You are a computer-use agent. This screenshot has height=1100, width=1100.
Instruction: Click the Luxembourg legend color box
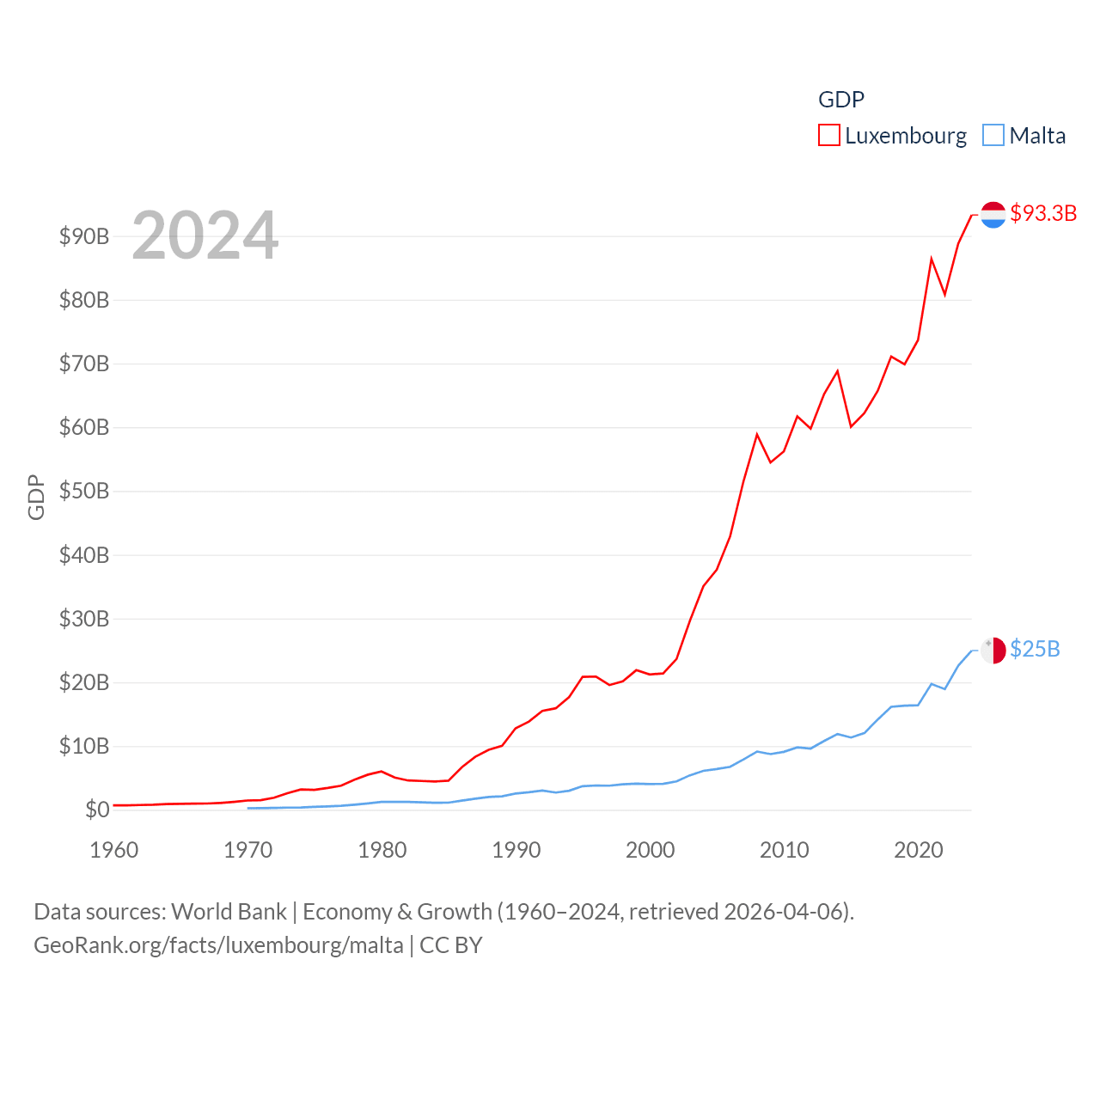coord(828,135)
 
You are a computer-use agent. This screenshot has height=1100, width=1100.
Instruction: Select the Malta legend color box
coord(993,135)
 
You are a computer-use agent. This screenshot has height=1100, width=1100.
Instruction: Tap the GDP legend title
coord(840,100)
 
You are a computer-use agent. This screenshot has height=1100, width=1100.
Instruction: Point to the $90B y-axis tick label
coord(84,236)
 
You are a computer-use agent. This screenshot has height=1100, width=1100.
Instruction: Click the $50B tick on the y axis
coord(84,491)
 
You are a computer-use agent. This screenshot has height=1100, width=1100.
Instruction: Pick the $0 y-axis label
coord(97,810)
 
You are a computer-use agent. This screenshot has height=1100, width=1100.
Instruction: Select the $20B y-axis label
coord(84,682)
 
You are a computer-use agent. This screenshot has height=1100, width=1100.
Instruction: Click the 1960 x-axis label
coord(113,850)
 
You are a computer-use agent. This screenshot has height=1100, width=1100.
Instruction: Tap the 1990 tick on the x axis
coord(516,850)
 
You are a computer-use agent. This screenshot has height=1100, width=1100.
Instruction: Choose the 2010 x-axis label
coord(784,850)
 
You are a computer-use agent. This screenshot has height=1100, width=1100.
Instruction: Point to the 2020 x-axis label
coord(918,850)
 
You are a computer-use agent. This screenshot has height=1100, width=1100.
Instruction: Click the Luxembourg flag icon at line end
coord(993,215)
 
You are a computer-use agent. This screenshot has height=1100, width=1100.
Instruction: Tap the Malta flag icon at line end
coord(993,651)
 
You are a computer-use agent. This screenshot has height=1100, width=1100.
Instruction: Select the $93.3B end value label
coord(1043,213)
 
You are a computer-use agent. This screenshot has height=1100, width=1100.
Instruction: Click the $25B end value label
coord(1035,649)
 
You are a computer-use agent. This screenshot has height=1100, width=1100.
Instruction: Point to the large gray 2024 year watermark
coord(205,235)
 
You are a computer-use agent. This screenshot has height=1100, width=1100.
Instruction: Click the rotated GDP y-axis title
coord(36,497)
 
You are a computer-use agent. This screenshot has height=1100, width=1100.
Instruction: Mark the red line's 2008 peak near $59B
coord(757,434)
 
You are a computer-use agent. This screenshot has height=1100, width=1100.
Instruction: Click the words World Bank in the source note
coord(229,911)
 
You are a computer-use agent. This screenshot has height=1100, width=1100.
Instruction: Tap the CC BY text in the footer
coord(450,945)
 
